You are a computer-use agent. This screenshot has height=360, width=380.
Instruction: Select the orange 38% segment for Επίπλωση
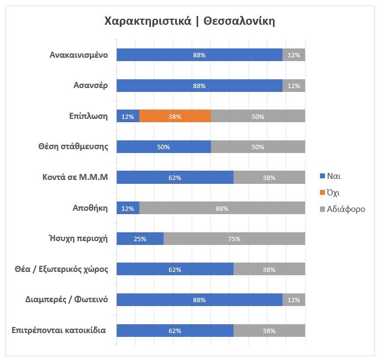(x=175, y=116)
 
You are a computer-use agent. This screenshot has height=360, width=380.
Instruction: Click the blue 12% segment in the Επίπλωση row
(x=128, y=116)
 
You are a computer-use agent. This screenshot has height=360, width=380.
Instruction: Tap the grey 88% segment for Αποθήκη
(x=222, y=208)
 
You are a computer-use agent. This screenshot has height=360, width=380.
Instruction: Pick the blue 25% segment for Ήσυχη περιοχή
(x=140, y=239)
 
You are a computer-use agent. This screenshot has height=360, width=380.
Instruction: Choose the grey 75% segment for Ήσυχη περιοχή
(x=234, y=239)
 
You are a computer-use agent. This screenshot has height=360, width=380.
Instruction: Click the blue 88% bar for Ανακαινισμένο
(x=199, y=55)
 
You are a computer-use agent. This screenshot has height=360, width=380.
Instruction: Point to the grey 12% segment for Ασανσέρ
(x=294, y=85)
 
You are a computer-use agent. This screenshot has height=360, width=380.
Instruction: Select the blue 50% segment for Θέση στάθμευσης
(x=164, y=147)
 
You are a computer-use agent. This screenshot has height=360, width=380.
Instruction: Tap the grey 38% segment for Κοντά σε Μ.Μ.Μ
(x=269, y=177)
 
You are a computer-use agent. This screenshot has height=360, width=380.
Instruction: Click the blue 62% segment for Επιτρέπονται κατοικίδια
(x=175, y=331)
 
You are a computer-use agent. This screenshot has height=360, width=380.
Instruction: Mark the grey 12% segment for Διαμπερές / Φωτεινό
(x=294, y=300)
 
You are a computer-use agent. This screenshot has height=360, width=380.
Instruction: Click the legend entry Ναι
(x=333, y=176)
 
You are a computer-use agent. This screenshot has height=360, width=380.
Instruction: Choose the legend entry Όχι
(x=333, y=193)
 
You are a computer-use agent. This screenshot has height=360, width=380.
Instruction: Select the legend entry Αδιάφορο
(x=342, y=209)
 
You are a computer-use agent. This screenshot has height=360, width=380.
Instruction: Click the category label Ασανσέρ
(x=90, y=85)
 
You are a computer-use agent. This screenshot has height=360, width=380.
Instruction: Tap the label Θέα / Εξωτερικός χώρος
(x=61, y=269)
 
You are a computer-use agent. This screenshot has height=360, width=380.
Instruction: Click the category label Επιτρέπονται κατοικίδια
(x=58, y=331)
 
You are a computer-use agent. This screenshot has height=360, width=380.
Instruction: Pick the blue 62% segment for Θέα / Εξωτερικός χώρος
(x=175, y=269)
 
